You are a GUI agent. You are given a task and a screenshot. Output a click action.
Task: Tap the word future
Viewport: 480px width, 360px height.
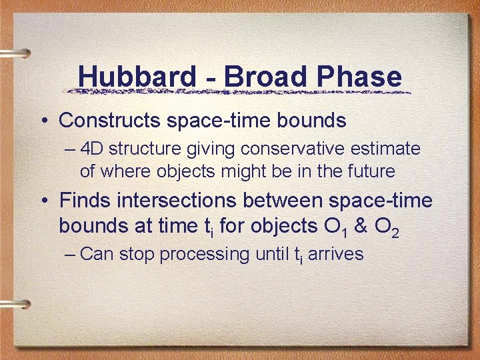[370, 171]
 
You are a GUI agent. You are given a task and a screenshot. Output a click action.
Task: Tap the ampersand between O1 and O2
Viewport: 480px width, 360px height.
[361, 226]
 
